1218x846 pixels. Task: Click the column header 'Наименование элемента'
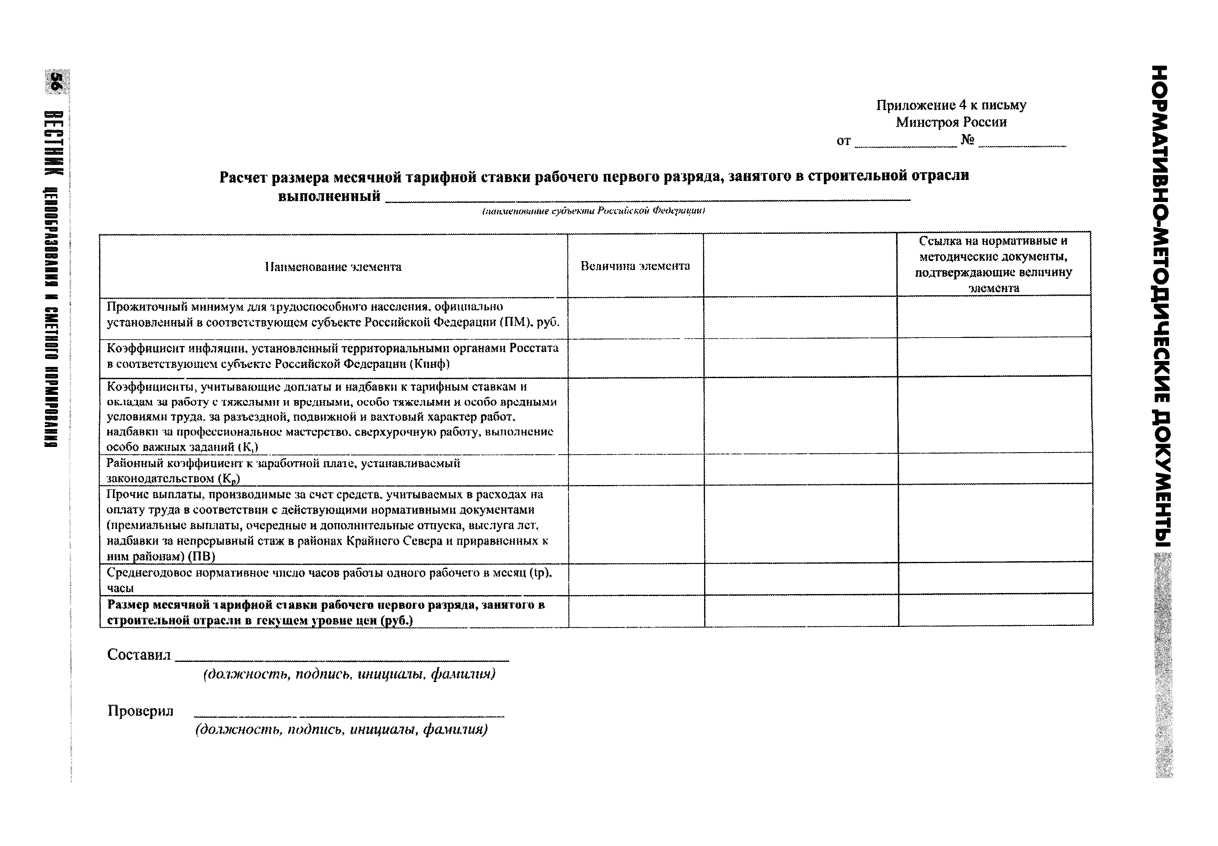coord(333,267)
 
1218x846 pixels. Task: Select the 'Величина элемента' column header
coord(635,266)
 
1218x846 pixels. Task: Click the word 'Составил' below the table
coord(139,655)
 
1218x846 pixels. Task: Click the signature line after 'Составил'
coord(342,659)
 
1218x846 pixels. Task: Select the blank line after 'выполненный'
coord(647,199)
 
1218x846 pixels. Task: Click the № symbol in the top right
coord(967,140)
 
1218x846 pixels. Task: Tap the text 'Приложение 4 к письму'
coord(951,105)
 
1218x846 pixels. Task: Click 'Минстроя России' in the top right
coord(951,122)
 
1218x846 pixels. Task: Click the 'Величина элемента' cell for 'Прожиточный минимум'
coord(635,318)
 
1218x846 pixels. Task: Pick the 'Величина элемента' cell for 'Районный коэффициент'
coord(635,470)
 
